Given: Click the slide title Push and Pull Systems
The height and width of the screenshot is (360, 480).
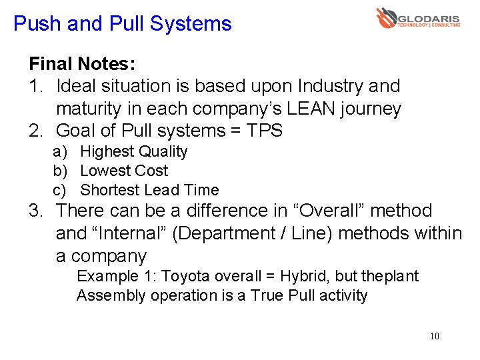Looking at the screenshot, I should tap(123, 25).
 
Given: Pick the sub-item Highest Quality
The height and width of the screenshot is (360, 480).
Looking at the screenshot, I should tap(133, 152).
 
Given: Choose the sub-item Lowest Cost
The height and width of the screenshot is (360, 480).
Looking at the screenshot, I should tap(123, 171).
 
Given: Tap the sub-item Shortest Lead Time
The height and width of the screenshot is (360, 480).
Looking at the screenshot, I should tap(149, 190).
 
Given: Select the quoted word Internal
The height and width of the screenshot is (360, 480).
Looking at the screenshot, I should tap(137, 233).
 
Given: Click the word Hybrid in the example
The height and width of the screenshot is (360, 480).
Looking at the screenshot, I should tap(305, 277).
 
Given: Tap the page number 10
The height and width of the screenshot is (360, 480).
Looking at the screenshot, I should tap(435, 336).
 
